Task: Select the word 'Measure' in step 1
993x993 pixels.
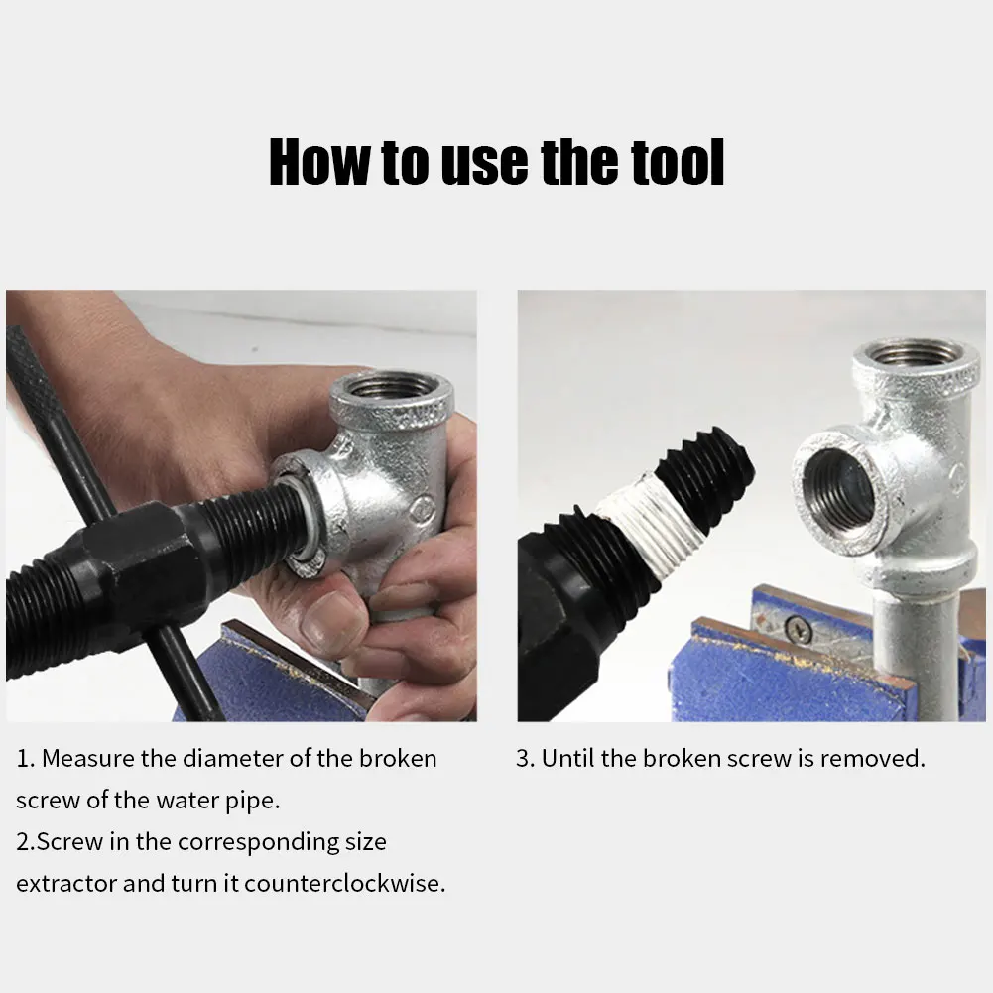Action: (x=87, y=758)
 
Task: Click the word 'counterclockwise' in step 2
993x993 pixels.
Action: (x=343, y=883)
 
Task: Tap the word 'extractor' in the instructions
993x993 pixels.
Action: (x=66, y=884)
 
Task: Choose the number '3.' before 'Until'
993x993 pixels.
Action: (x=526, y=758)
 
